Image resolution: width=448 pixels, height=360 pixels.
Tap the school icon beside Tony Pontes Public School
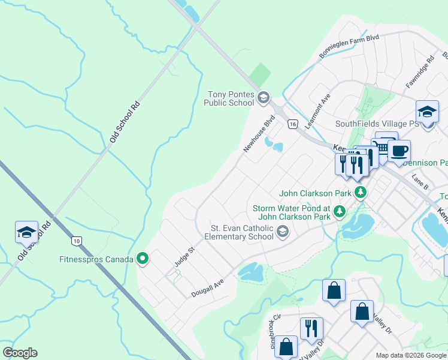pos(263,97)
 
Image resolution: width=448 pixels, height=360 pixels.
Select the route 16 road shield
pos(292,124)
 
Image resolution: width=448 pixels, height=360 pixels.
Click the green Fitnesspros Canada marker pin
pos(143,259)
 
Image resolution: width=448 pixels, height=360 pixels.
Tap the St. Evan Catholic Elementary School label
pos(242,232)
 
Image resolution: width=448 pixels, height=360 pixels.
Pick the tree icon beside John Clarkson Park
pos(360,193)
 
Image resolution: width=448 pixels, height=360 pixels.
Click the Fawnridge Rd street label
pos(419,73)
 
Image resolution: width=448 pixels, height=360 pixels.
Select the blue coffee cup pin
pos(399,150)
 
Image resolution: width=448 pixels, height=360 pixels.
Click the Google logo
pos(20,353)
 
